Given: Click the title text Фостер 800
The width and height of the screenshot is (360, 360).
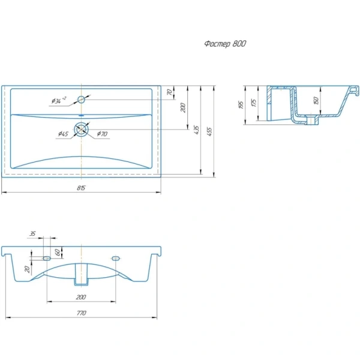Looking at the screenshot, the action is [x=225, y=44].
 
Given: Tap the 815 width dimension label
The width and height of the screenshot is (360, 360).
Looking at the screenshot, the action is [x=81, y=188].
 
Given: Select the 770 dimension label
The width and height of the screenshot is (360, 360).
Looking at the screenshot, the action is [x=81, y=313].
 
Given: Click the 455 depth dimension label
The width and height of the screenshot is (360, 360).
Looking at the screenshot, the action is [x=209, y=131].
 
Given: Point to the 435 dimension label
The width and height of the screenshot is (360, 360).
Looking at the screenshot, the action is [x=197, y=130].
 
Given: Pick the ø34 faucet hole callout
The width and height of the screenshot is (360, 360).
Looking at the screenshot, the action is [x=59, y=100].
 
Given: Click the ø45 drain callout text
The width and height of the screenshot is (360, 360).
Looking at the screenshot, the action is [x=63, y=134].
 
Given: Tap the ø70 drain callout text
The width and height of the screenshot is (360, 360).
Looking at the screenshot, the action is [x=102, y=134].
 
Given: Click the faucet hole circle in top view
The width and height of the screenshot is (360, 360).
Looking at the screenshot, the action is [x=81, y=100].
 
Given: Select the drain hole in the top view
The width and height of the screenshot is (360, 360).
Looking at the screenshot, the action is [x=81, y=130].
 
